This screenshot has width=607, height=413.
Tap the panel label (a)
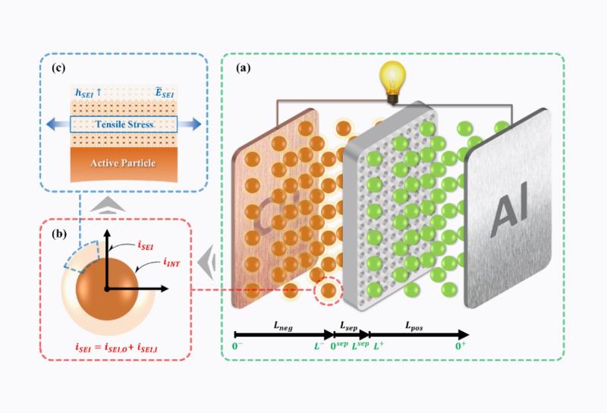click(244, 68)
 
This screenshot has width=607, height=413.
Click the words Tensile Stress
click(122, 124)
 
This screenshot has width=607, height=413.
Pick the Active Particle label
click(121, 162)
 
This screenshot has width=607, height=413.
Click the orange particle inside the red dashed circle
click(329, 289)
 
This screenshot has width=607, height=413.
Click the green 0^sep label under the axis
click(339, 345)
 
